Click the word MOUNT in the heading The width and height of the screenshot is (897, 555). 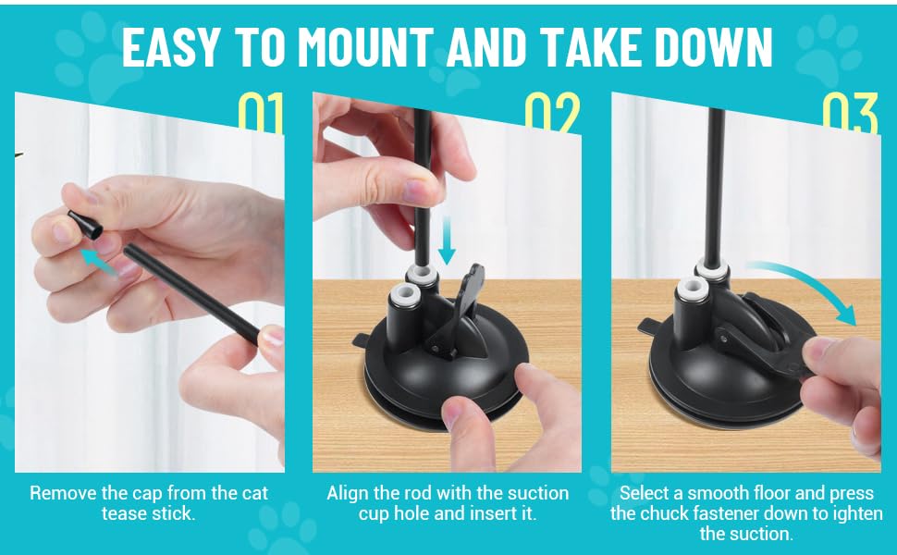pyautogui.click(x=365, y=46)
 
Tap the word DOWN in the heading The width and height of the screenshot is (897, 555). pyautogui.click(x=714, y=46)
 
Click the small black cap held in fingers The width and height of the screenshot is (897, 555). pyautogui.click(x=85, y=224)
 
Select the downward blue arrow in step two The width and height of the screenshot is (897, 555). pyautogui.click(x=447, y=240)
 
